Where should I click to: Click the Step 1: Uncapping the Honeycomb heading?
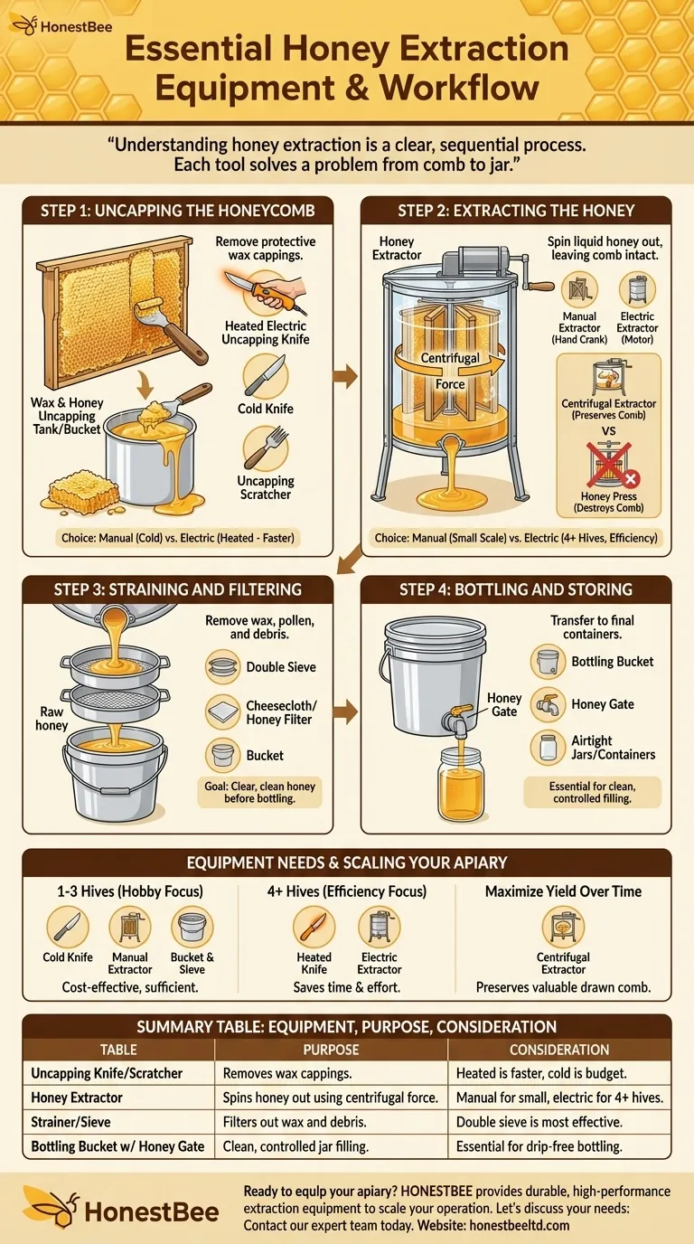177,211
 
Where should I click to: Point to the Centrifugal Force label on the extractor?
450,371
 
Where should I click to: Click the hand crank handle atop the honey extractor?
539,286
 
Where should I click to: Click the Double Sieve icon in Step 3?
223,667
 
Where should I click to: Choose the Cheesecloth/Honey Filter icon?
223,712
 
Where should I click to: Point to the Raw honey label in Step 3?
52,719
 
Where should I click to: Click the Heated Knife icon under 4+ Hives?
314,928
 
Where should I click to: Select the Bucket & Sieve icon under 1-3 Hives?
192,928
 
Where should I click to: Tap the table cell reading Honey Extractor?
78,1097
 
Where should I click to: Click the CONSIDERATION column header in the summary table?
558,1050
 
